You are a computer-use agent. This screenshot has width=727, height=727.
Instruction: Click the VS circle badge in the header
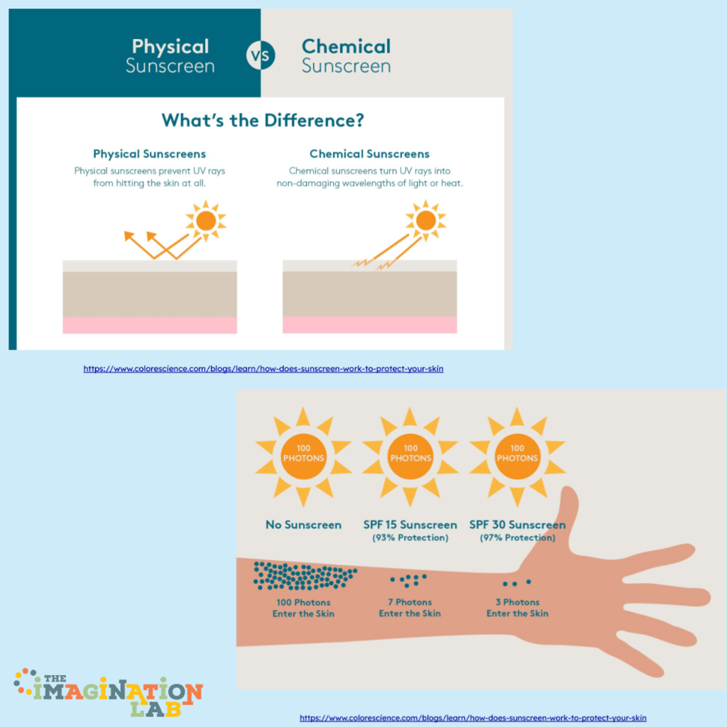point(261,55)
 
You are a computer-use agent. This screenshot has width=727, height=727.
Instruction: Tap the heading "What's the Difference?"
point(263,121)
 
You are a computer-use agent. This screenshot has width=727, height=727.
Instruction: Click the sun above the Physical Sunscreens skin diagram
point(206,221)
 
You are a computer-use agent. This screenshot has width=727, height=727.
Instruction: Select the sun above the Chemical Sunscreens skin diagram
point(426,221)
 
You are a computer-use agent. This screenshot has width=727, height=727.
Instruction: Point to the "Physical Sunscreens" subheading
point(149,154)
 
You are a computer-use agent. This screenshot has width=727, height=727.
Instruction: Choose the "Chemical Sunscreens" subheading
point(369,154)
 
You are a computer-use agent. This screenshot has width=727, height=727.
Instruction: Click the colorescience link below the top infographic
point(263,369)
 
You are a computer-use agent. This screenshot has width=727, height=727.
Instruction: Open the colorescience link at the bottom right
point(473,718)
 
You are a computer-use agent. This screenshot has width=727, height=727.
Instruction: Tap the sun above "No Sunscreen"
point(303,457)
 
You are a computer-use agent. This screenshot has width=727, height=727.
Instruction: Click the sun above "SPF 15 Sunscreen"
point(410,457)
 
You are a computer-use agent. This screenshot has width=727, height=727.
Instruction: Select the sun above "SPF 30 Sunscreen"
point(518,457)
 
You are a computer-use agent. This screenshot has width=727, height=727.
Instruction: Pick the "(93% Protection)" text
point(410,538)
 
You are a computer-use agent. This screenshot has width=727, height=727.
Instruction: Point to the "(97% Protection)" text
point(518,538)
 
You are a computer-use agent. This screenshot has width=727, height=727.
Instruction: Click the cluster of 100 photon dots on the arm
point(305,575)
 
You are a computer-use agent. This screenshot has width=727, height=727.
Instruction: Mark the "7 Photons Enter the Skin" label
point(410,608)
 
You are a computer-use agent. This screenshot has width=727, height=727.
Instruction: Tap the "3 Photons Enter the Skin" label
point(518,608)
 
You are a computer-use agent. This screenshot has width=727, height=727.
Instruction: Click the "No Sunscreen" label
point(303,525)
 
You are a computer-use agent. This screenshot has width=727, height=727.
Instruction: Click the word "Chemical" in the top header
point(346,46)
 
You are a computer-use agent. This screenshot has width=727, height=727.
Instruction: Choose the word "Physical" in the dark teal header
point(170,47)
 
